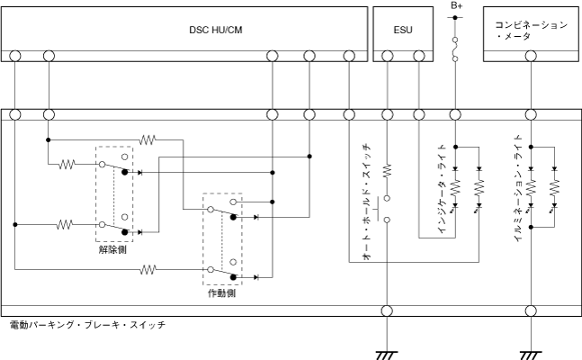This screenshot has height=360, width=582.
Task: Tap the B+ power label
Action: [456, 5]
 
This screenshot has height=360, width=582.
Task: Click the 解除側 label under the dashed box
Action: [113, 250]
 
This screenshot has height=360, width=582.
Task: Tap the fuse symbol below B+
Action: [456, 49]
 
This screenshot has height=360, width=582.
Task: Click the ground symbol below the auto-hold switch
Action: [387, 354]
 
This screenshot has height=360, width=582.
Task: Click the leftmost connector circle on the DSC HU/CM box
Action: [15, 56]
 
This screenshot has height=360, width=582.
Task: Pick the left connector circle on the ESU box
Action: [387, 56]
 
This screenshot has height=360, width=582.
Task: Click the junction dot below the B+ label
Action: [456, 18]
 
